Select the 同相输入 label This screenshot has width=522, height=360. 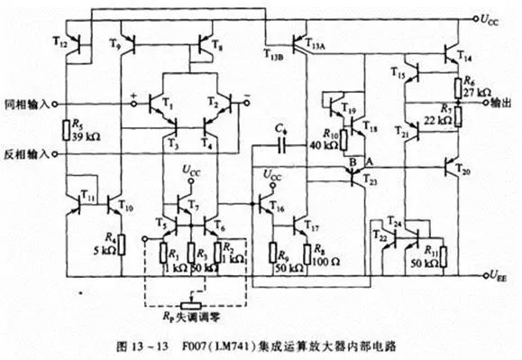tap(23, 103)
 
